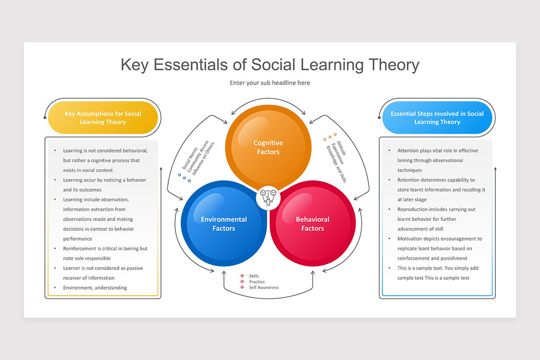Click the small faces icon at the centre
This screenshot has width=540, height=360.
click(x=268, y=196)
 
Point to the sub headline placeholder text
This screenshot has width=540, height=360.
click(x=270, y=83)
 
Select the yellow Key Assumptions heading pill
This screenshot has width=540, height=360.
click(x=103, y=118)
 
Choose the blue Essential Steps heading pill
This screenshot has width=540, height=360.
click(x=437, y=118)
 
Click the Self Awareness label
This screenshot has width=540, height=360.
click(x=264, y=288)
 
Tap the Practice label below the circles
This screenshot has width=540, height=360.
click(x=257, y=282)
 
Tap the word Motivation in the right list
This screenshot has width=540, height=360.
click(x=411, y=238)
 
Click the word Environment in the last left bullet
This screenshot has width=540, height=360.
click(x=77, y=288)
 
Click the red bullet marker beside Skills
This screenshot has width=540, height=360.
click(x=242, y=276)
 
